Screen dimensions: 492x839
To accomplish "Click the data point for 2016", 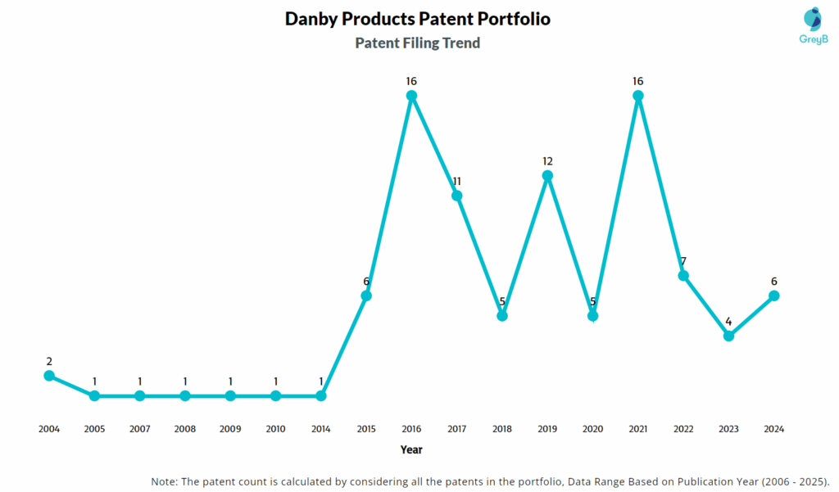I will click(x=412, y=96).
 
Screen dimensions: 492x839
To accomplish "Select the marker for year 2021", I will click(x=638, y=96).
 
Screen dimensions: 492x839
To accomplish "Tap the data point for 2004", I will click(x=49, y=376).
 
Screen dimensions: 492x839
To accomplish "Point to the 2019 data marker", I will click(x=548, y=176).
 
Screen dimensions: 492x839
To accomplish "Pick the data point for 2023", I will click(x=728, y=336).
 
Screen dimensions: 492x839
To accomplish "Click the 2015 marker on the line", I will click(x=366, y=296).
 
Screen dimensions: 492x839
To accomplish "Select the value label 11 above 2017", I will click(x=457, y=181).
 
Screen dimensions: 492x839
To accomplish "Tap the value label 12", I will click(x=548, y=161).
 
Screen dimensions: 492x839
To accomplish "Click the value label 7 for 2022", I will click(x=683, y=261).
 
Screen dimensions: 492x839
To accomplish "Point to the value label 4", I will click(x=728, y=322).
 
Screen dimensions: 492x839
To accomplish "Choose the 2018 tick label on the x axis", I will click(x=502, y=429).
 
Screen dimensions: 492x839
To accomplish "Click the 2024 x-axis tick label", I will click(x=773, y=429).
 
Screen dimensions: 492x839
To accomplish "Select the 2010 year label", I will click(x=276, y=429).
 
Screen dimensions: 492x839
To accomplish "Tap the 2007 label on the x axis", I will click(x=140, y=429).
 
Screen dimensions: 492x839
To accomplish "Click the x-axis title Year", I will click(x=411, y=449).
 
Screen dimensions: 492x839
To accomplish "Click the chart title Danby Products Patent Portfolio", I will click(x=418, y=18).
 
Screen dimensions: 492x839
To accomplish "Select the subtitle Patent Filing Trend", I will click(x=418, y=43).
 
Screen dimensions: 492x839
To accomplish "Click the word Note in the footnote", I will click(x=166, y=481).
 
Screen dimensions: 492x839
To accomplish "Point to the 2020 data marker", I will click(x=593, y=316).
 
